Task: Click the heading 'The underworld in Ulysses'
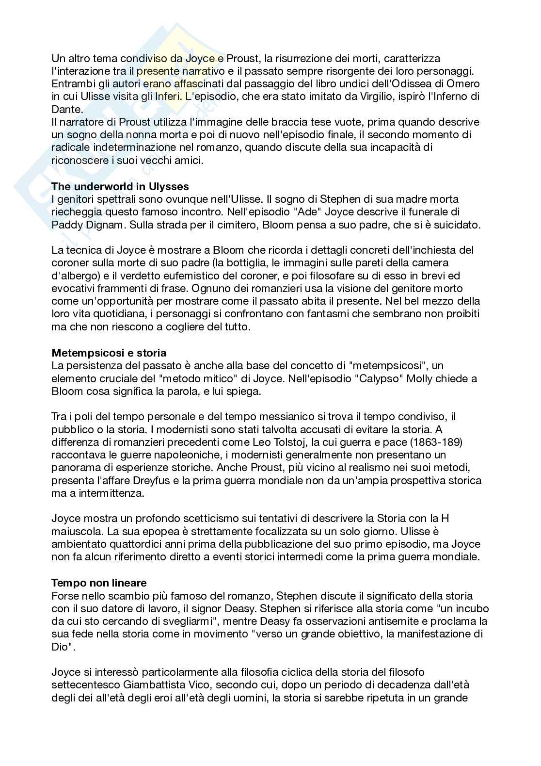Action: tap(120, 186)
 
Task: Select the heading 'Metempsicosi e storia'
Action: tap(109, 353)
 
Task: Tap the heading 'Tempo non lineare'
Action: tap(99, 583)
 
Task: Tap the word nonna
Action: tap(143, 135)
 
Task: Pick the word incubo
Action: tap(469, 608)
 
